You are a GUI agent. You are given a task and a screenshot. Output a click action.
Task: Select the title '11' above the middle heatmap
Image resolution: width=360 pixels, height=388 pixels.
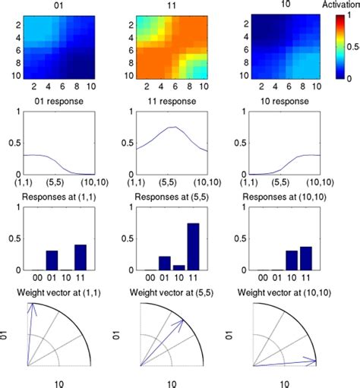tap(172, 5)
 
